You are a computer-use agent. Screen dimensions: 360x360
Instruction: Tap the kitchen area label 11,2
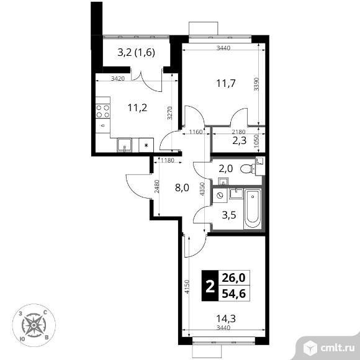click(137, 107)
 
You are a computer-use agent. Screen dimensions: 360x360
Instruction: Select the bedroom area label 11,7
click(226, 83)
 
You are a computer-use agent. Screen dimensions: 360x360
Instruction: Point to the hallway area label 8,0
click(182, 188)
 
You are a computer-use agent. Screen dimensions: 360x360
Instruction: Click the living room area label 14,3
click(226, 318)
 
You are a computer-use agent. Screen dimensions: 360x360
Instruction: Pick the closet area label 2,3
click(239, 140)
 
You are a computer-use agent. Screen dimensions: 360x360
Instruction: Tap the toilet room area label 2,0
click(226, 169)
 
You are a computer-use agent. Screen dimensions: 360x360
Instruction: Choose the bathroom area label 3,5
click(229, 215)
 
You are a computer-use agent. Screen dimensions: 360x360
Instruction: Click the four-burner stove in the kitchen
click(102, 111)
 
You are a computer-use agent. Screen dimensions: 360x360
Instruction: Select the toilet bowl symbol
click(248, 169)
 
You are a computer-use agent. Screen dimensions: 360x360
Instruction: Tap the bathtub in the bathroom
click(253, 209)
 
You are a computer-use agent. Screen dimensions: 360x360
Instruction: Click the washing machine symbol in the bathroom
click(220, 196)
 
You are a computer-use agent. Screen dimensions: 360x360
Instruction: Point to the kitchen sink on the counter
click(124, 145)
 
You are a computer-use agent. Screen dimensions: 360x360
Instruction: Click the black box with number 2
click(210, 286)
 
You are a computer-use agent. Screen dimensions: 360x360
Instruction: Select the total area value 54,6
click(234, 294)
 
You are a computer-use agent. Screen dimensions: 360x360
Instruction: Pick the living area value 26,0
click(234, 278)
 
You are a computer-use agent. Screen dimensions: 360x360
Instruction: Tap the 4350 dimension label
click(202, 189)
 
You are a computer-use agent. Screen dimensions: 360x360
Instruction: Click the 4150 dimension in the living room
click(187, 287)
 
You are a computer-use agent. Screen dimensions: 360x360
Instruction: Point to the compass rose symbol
click(34, 325)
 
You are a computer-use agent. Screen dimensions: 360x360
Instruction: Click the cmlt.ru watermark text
click(337, 348)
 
